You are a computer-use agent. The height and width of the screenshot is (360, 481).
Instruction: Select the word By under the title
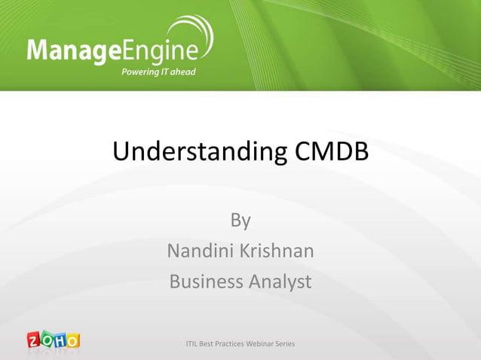pyautogui.click(x=240, y=221)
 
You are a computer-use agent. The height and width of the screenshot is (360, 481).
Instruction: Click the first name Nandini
pyautogui.click(x=199, y=251)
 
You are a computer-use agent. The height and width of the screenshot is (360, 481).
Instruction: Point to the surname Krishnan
pyautogui.click(x=276, y=251)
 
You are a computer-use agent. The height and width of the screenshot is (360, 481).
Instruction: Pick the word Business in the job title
pyautogui.click(x=204, y=282)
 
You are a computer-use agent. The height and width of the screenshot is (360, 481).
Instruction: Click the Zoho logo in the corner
pyautogui.click(x=53, y=340)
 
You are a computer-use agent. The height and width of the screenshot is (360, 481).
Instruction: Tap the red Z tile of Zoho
pyautogui.click(x=35, y=341)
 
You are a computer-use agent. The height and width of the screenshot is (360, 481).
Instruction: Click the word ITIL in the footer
pyautogui.click(x=193, y=344)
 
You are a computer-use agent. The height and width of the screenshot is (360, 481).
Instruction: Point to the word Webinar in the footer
pyautogui.click(x=254, y=344)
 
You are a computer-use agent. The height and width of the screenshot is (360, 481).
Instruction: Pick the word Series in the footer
pyautogui.click(x=283, y=344)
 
